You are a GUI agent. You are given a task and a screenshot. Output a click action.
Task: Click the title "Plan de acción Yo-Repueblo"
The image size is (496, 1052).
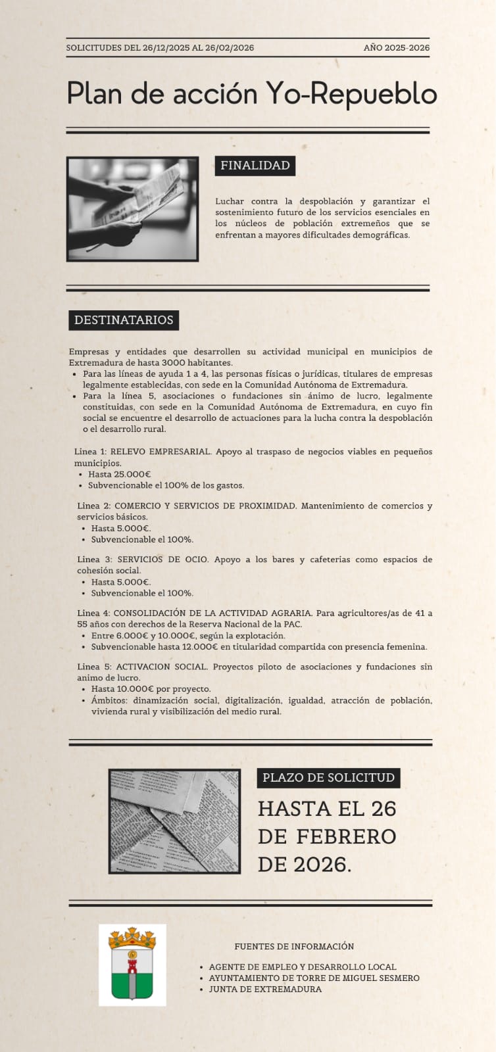point(252,93)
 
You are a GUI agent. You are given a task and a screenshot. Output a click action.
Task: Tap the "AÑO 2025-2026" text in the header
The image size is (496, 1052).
point(396,48)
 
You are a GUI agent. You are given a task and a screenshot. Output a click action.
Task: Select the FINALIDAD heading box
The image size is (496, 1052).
point(255,166)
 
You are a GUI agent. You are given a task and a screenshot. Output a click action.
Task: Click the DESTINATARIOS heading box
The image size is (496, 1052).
point(124,320)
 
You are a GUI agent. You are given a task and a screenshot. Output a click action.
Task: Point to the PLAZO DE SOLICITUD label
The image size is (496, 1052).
point(328,778)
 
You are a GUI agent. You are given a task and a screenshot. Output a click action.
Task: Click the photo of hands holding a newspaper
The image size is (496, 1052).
point(132,209)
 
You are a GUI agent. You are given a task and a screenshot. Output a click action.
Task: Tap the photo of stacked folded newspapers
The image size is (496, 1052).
point(174,821)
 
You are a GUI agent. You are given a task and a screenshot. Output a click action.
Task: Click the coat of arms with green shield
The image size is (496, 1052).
point(132,964)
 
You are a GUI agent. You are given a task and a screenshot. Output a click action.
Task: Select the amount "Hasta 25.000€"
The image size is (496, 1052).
point(119,474)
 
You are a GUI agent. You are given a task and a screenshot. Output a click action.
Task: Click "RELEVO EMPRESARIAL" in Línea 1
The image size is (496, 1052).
point(160,452)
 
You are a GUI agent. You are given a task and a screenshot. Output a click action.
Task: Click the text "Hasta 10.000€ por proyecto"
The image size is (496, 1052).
point(151,689)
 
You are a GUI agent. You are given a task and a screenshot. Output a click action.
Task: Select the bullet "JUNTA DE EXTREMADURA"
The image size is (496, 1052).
point(265,989)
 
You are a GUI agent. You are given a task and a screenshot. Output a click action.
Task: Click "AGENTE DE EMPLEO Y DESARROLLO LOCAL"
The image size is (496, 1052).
point(303,967)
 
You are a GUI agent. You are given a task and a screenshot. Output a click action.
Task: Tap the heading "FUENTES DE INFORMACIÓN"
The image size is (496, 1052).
point(294,947)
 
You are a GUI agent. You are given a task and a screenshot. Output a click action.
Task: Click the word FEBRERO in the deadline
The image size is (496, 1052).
point(346,836)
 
